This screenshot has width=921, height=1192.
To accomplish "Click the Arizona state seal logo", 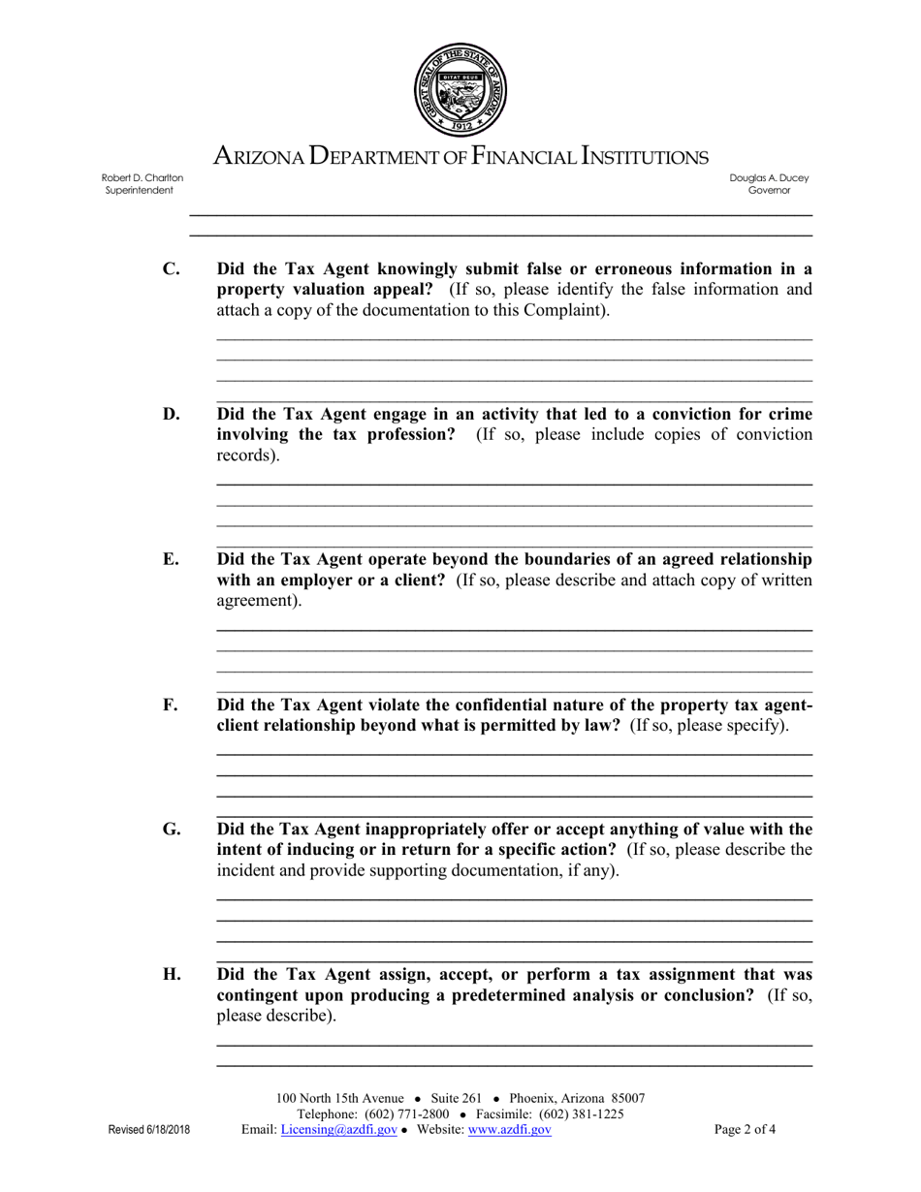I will click(x=460, y=90).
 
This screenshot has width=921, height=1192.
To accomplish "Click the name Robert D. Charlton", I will click(x=143, y=178).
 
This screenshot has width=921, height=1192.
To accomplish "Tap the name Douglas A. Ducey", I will click(x=769, y=178).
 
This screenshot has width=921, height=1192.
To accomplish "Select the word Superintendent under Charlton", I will click(x=140, y=191).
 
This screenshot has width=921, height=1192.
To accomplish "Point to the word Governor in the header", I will click(x=769, y=191).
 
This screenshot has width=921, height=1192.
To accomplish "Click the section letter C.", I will click(x=171, y=269).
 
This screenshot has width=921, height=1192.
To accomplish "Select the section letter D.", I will click(x=171, y=415).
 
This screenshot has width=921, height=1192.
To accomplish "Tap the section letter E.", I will click(x=171, y=559).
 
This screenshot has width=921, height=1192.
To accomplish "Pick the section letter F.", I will click(x=171, y=705).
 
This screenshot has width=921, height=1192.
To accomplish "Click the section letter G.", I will click(x=172, y=829).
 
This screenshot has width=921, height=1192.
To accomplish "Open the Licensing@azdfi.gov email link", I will click(x=338, y=1130).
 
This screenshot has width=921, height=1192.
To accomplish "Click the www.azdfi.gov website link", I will click(x=509, y=1130).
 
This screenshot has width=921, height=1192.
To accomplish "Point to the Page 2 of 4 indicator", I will click(x=745, y=1129).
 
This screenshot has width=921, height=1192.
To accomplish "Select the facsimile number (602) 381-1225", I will click(x=581, y=1114).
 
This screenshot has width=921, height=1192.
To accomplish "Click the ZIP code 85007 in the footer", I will click(x=627, y=1098).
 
